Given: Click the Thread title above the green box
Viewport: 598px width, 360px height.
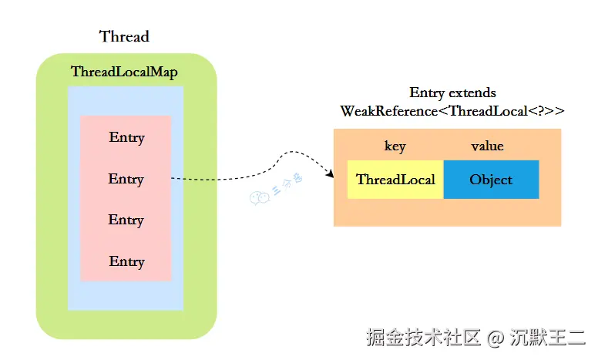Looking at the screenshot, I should coord(124,36).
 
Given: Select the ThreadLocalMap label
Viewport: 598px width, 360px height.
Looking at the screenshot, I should coord(124,72).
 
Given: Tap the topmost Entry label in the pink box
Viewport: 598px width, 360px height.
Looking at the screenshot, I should coord(126,138).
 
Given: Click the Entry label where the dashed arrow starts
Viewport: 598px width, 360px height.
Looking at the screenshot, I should coord(126,179).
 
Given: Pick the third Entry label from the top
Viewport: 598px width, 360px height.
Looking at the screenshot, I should coord(126,220).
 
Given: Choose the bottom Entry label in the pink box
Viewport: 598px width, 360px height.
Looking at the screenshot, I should coord(126,261).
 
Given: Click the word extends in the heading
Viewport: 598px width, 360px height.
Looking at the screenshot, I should coord(472,93).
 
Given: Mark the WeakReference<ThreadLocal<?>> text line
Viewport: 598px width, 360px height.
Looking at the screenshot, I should coord(452,111).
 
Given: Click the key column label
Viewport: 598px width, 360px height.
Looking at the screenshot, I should coord(395,146).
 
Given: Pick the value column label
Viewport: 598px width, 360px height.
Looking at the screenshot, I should coord(487,146).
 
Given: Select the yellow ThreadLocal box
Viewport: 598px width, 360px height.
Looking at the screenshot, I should coord(395,180).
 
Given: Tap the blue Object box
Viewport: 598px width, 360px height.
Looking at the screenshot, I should coord(491,180).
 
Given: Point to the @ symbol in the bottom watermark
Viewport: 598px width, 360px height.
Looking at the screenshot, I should coord(497,338).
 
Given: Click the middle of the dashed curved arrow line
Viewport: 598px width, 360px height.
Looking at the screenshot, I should coord(254,171).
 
